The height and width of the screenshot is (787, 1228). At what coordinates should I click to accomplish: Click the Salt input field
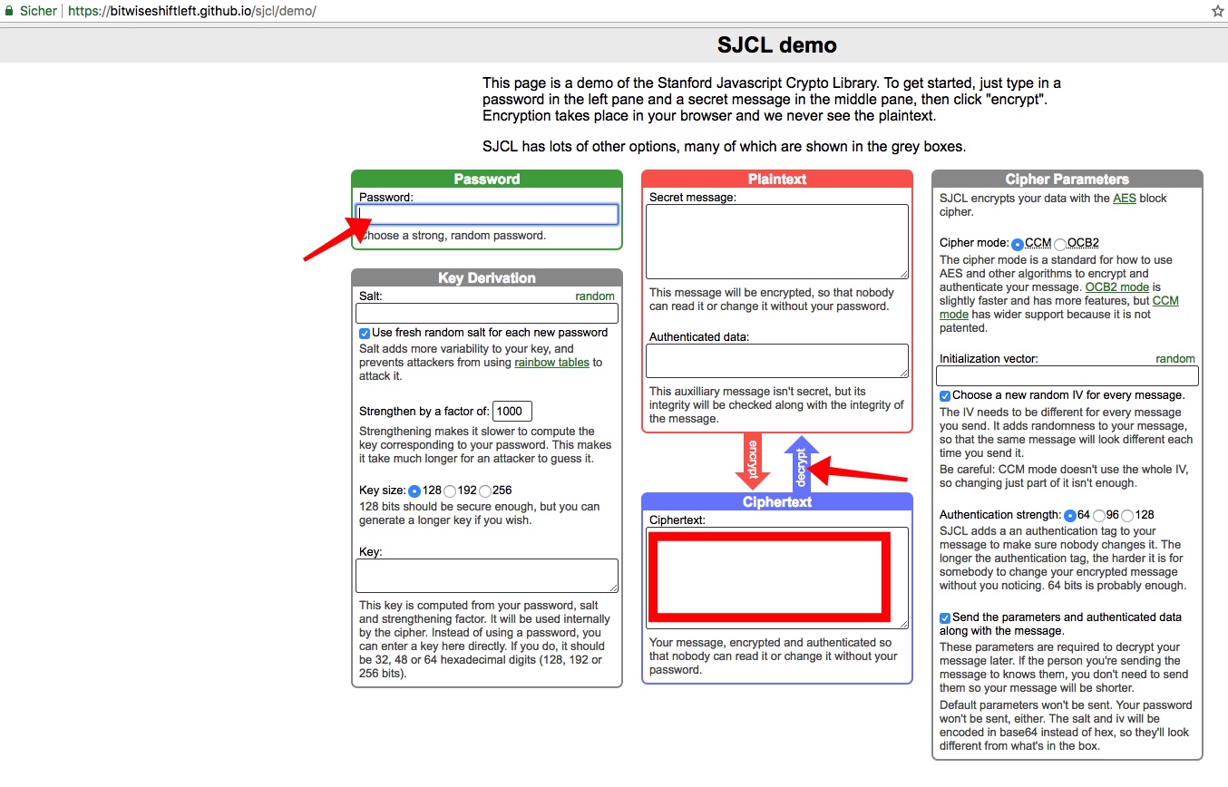pyautogui.click(x=486, y=314)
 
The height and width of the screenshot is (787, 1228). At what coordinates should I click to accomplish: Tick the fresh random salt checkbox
pyautogui.click(x=365, y=333)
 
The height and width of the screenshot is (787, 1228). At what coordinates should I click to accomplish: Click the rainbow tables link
pyautogui.click(x=551, y=363)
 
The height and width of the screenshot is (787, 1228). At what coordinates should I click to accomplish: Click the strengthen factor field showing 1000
pyautogui.click(x=512, y=412)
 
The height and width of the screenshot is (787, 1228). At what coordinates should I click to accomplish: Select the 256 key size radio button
pyautogui.click(x=485, y=491)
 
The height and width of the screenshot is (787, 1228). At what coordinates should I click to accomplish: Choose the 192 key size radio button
pyautogui.click(x=450, y=491)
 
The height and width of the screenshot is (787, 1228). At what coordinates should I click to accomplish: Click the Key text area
pyautogui.click(x=486, y=576)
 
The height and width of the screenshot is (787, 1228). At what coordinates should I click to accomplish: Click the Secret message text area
pyautogui.click(x=776, y=241)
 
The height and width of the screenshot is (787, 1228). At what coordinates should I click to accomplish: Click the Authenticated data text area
pyautogui.click(x=776, y=361)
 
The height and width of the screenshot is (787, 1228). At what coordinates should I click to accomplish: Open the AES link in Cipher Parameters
pyautogui.click(x=1124, y=199)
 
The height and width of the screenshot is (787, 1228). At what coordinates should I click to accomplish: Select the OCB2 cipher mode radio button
pyautogui.click(x=1060, y=244)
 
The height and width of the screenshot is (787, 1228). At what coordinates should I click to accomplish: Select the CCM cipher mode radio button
pyautogui.click(x=1018, y=244)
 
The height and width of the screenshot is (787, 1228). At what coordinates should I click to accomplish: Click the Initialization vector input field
pyautogui.click(x=1067, y=376)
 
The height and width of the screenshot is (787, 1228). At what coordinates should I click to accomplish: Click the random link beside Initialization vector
pyautogui.click(x=1174, y=359)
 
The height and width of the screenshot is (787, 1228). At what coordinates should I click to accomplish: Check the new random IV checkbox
pyautogui.click(x=945, y=395)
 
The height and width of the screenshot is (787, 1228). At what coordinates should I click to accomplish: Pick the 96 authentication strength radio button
pyautogui.click(x=1099, y=515)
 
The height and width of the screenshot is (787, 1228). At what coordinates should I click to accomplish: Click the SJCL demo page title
pyautogui.click(x=776, y=44)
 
